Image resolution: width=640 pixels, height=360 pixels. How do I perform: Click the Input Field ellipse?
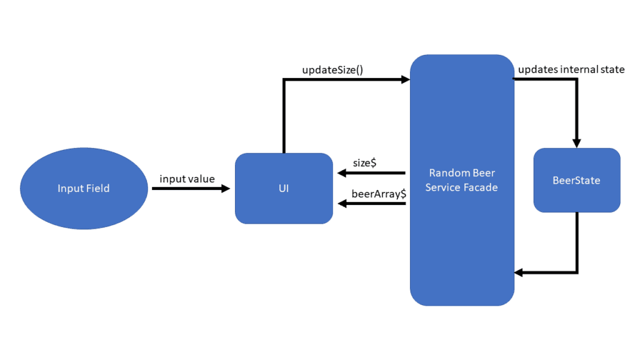coord(83,188)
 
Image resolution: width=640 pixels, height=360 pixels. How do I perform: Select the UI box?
coord(284,188)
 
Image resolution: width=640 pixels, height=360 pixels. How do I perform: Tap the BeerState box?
coord(576,181)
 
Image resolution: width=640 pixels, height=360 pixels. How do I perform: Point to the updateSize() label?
coord(332,70)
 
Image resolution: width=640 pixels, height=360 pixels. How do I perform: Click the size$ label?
coord(364,162)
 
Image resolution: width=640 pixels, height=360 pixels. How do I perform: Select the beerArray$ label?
coord(379,194)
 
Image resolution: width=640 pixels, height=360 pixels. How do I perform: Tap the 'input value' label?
coord(187,179)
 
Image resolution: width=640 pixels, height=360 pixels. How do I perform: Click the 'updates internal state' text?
coord(571,69)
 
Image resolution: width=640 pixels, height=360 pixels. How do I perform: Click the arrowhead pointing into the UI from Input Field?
coord(226,188)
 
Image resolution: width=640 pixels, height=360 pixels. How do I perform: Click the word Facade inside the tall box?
coord(481,187)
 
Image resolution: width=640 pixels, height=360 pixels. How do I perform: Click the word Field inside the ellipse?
coord(97,188)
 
